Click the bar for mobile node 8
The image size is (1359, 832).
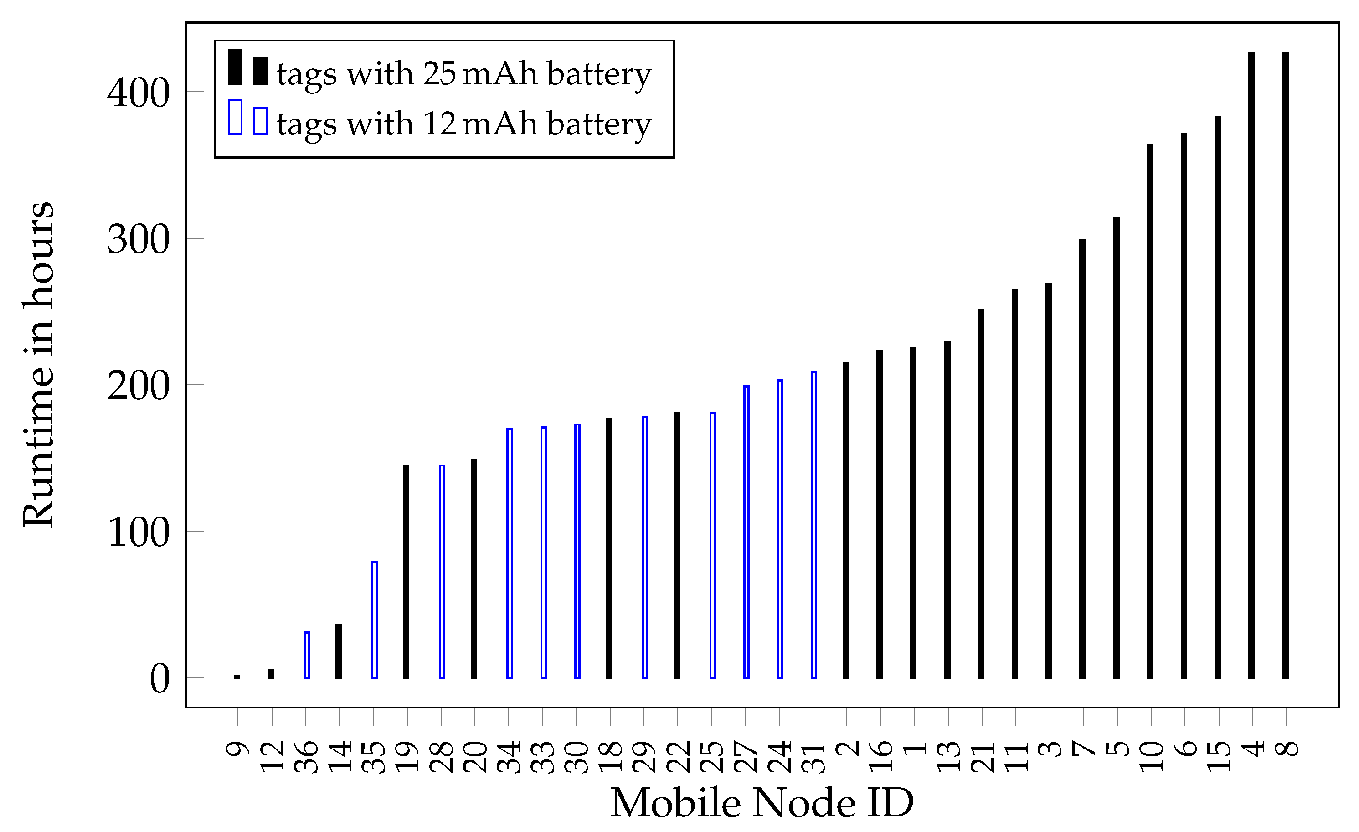[1286, 365]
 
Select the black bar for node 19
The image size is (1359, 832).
[406, 571]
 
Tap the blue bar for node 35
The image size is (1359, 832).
[375, 620]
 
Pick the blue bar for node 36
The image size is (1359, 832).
[307, 655]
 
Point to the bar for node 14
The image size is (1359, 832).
[339, 651]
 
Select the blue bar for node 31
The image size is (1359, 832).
[813, 524]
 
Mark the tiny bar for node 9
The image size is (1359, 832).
[237, 677]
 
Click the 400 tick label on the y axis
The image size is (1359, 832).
[138, 93]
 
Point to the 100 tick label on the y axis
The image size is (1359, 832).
[138, 532]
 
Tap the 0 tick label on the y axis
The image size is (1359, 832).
[160, 679]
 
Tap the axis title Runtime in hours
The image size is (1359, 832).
[39, 364]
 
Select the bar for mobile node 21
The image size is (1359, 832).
[981, 494]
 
